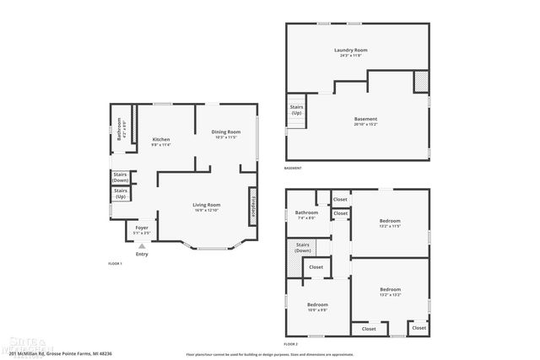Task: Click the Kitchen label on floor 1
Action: click(160, 140)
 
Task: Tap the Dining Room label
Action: click(226, 132)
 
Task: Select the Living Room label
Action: click(207, 205)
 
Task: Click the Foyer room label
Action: click(142, 228)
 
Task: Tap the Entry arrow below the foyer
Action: click(141, 245)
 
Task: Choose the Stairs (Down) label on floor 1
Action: click(121, 177)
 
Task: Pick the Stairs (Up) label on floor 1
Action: click(121, 194)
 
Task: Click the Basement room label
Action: click(365, 120)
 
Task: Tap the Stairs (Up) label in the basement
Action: click(297, 110)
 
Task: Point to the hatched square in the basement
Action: click(420, 82)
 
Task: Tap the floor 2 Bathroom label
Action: click(306, 213)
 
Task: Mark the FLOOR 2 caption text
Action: click(292, 345)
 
